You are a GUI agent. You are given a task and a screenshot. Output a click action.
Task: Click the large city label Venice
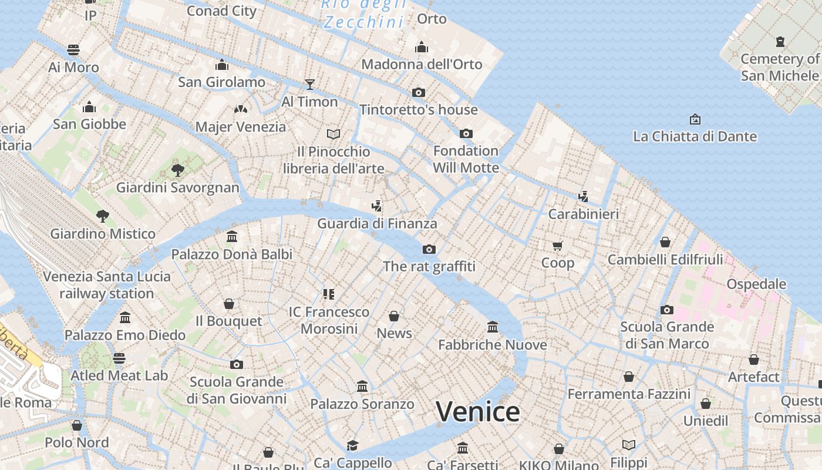coord(478,411)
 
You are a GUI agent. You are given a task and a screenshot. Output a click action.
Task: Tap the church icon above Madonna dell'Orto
coord(421,47)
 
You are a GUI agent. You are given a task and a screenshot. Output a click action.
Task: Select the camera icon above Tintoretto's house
coord(419,92)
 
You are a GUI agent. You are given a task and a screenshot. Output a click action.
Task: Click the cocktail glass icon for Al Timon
coord(310,84)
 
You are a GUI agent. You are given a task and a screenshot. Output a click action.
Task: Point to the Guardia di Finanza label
coord(377,224)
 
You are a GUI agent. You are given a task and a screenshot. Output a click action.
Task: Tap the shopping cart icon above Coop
coord(557,245)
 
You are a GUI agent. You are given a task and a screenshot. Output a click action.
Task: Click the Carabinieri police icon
coord(583,196)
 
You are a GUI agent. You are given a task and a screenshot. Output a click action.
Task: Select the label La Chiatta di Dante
coord(695,136)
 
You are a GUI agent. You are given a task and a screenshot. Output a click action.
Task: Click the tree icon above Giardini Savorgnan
coord(177,170)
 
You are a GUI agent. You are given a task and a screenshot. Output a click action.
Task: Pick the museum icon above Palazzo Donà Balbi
coord(232,237)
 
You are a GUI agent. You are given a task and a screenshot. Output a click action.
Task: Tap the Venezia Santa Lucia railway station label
coord(107,285)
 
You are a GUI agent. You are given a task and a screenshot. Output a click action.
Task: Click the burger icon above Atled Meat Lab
coord(119,358)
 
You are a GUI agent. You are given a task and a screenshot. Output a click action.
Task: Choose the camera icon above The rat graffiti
coord(429,249)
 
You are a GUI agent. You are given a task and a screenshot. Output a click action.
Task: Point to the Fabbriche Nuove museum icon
coord(493,327)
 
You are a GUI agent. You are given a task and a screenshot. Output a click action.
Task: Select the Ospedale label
coord(756,284)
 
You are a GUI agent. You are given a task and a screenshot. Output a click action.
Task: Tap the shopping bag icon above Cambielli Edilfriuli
coord(665,241)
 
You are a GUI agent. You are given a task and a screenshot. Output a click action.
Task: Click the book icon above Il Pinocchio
coord(333,134)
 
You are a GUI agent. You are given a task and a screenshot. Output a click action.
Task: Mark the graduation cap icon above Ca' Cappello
coord(352,445)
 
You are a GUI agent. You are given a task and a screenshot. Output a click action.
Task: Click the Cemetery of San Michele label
coord(780,67)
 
